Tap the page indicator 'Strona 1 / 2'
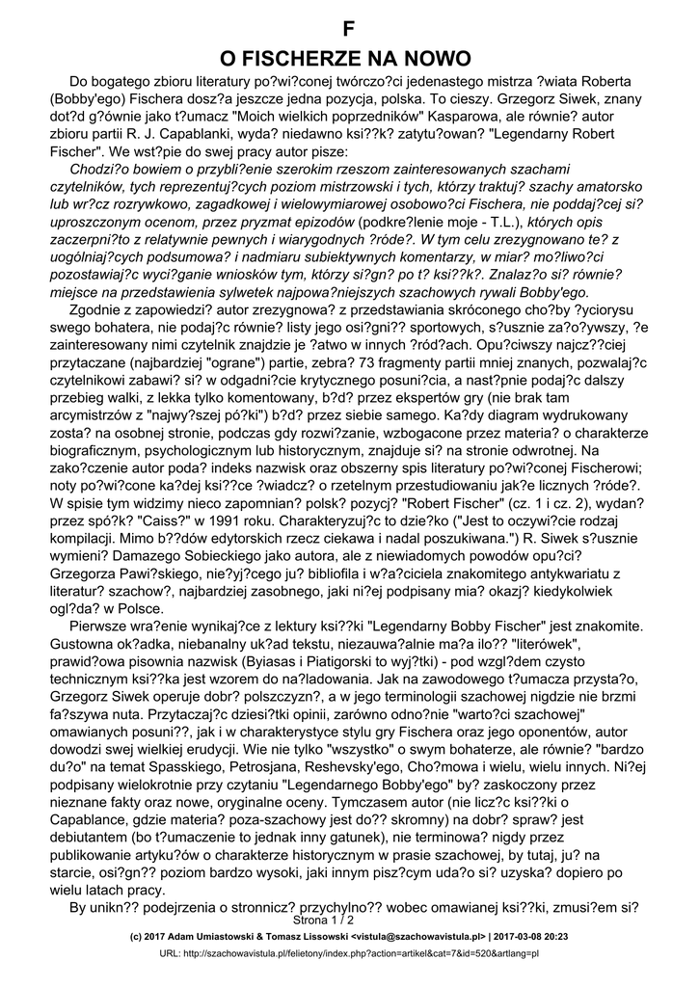pyautogui.click(x=350, y=921)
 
